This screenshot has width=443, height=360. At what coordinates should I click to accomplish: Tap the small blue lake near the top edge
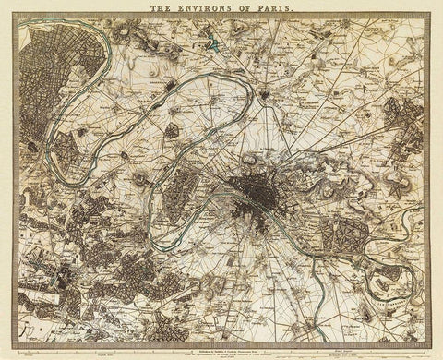(x=213, y=42)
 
